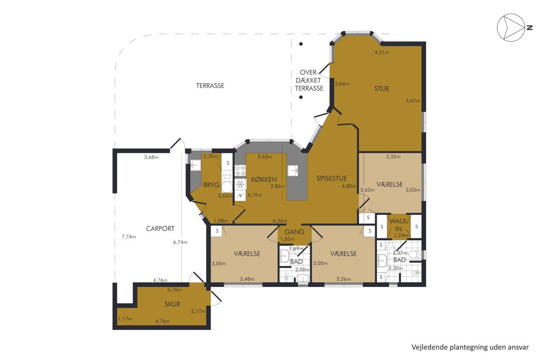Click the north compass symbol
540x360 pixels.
[511, 28]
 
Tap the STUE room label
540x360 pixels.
[381, 89]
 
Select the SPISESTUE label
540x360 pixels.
[332, 178]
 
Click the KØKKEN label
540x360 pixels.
[264, 180]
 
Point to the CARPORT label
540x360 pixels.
[160, 228]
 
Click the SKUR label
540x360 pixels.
[172, 304]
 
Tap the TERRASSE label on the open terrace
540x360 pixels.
[210, 86]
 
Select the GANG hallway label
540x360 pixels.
[294, 232]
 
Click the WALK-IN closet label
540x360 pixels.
[398, 225]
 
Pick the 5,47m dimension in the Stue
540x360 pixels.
[413, 101]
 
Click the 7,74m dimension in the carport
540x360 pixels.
[129, 236]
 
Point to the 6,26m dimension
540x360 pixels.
[280, 221]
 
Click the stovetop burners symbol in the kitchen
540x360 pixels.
[240, 171]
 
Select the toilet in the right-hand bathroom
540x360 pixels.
[415, 254]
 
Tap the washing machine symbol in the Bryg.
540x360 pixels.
[227, 187]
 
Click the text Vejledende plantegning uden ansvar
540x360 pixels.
[470, 347]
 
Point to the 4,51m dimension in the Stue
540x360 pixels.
[382, 53]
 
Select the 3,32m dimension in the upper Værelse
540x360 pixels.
[393, 157]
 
